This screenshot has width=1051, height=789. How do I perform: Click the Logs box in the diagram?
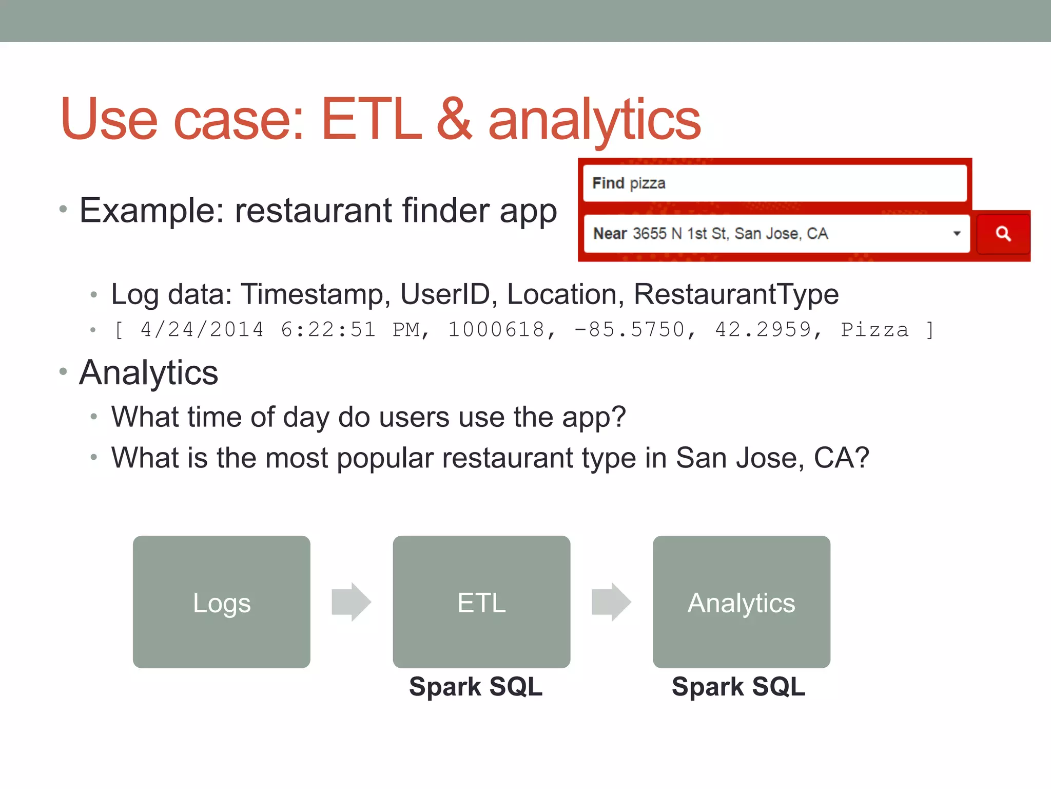coord(221,602)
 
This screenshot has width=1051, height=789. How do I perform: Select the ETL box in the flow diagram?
coord(481,602)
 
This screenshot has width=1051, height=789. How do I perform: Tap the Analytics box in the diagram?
coord(741,602)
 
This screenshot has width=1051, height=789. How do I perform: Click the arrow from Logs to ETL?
coord(351,602)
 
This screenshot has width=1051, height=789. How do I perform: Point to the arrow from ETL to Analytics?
coord(611,602)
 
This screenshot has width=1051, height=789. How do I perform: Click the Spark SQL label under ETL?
coord(475,686)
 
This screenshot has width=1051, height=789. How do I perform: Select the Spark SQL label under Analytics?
coord(738,686)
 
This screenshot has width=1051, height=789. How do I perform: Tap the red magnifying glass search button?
coord(1003,234)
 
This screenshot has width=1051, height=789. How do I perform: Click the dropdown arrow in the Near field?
coord(957,234)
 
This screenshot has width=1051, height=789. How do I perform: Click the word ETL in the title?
coord(371,120)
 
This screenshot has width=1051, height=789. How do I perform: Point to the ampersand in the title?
coord(454,120)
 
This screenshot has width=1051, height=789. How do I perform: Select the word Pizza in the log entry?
coord(874,330)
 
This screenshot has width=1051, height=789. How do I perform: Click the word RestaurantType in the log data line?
coord(736,294)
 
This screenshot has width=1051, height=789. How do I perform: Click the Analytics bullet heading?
coord(149,372)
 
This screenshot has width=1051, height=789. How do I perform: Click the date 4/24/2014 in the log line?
coord(202,330)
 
